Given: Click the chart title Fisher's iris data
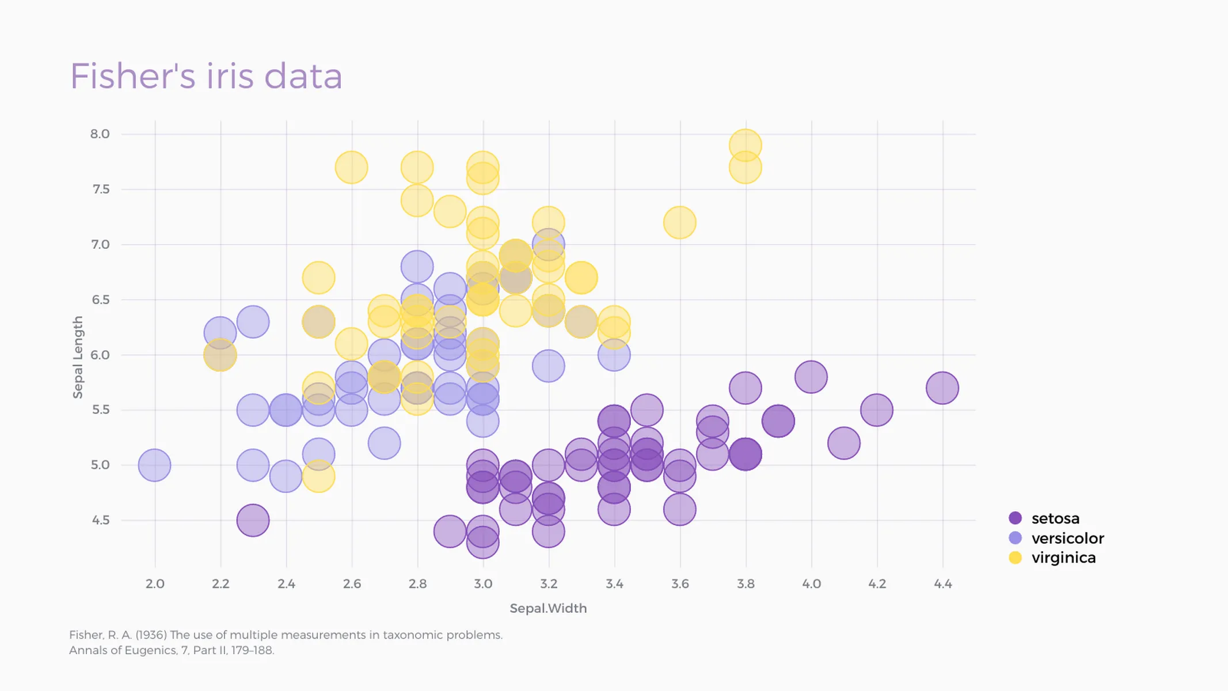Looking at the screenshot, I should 206,76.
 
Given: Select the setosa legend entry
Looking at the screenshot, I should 1055,518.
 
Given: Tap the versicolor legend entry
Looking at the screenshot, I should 1067,538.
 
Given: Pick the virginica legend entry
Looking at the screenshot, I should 1063,557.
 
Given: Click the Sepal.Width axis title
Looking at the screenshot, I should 548,608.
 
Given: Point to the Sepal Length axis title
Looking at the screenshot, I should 78,357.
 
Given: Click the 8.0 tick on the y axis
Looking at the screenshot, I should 100,134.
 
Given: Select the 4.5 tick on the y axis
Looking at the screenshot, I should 100,520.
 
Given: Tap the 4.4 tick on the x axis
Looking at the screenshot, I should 942,584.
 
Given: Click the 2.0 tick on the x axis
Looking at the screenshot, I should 155,584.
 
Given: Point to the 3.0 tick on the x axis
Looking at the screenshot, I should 483,584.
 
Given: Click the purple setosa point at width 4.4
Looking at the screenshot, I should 942,388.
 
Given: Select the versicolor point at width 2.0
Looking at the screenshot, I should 155,465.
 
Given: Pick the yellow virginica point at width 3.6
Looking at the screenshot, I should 680,222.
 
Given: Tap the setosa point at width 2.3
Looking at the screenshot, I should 253,520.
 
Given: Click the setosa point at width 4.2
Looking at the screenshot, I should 877,410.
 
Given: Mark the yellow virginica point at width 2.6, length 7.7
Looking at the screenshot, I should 351,168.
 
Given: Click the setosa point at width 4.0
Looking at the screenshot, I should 811,377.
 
